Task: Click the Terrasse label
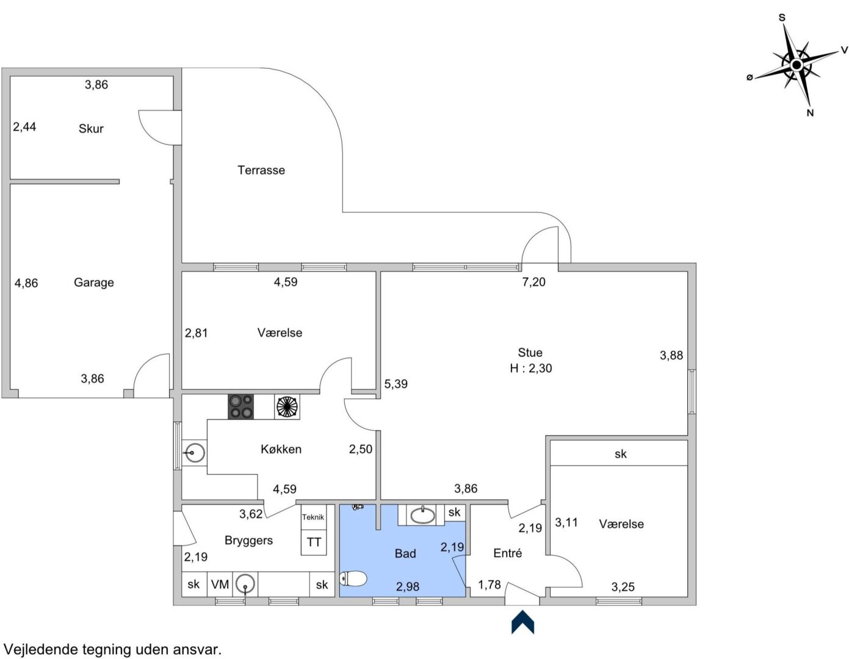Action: [x=261, y=170]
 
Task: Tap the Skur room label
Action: [x=91, y=128]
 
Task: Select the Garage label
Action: [x=94, y=283]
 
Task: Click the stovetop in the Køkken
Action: [x=240, y=407]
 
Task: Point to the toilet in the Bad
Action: [x=353, y=578]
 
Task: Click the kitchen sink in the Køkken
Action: [x=194, y=453]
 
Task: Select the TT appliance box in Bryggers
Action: [x=313, y=542]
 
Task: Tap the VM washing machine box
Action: [x=220, y=585]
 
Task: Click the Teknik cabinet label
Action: [x=313, y=517]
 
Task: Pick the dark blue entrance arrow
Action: [x=522, y=622]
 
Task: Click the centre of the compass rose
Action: [x=797, y=65]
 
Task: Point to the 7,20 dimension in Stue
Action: [x=533, y=282]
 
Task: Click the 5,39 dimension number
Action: [x=396, y=384]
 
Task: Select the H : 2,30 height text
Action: [x=531, y=368]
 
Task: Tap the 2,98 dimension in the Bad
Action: [x=408, y=586]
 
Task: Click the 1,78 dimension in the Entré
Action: [x=490, y=585]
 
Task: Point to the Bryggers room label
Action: [x=248, y=541]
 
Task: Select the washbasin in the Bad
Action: [x=422, y=515]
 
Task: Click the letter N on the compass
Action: [x=810, y=113]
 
